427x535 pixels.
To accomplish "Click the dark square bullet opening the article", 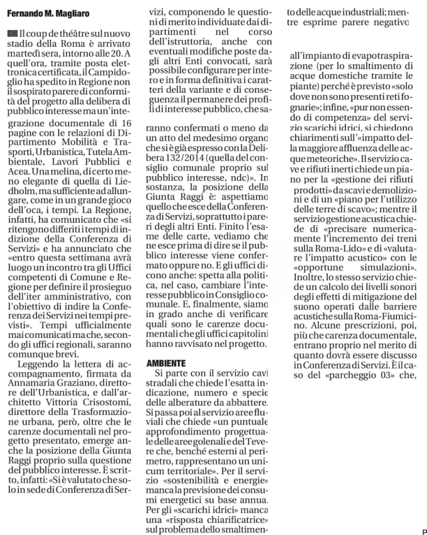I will (x=12, y=34).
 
